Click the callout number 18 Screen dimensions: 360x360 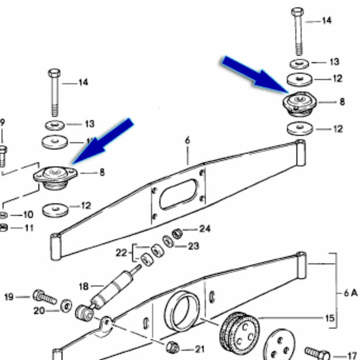coord(82,286)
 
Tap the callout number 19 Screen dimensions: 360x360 coord(9,297)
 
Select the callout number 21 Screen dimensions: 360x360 coord(200,349)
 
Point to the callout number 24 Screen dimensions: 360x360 coord(205,228)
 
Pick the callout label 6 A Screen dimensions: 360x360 coord(350,294)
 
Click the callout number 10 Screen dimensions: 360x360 coord(28,214)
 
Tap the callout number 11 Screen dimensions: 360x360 coord(28,227)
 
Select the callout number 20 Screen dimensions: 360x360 coord(39,311)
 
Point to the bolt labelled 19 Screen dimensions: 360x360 coord(44,297)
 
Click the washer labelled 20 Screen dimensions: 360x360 coord(67,304)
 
